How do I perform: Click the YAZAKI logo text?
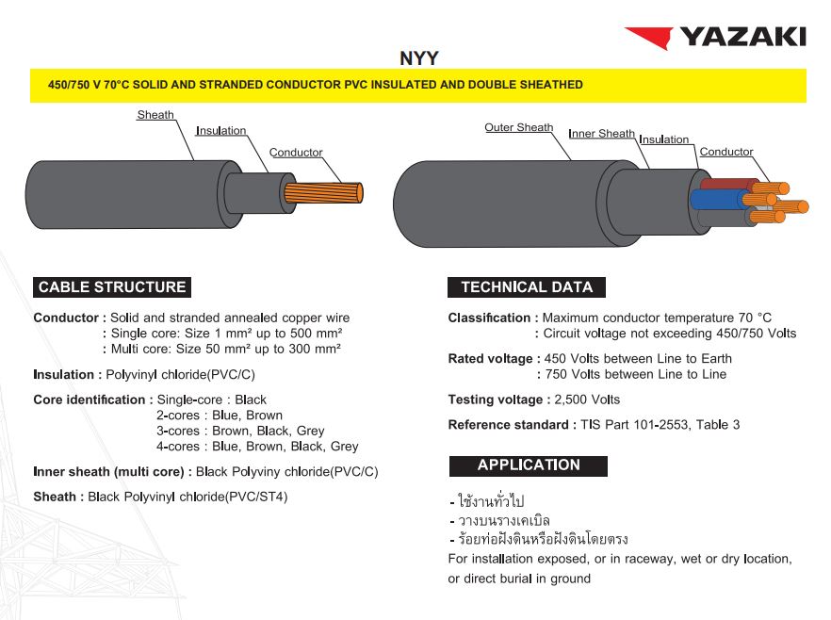[742, 37]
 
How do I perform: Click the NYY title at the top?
[418, 58]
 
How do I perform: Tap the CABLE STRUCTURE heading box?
[112, 287]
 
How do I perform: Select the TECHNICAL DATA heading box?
[527, 287]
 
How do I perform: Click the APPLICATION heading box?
[528, 465]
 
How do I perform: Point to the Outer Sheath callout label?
[518, 127]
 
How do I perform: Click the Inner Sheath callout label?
[601, 134]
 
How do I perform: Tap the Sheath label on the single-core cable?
[155, 115]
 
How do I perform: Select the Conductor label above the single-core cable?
[296, 153]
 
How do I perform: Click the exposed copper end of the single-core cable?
[324, 193]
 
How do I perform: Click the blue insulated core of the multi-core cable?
[714, 200]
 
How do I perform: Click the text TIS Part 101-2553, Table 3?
[660, 425]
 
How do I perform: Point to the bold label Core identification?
[89, 400]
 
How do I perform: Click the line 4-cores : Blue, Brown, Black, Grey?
[257, 447]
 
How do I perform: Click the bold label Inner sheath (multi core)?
[111, 471]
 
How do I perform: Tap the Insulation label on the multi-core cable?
[663, 139]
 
